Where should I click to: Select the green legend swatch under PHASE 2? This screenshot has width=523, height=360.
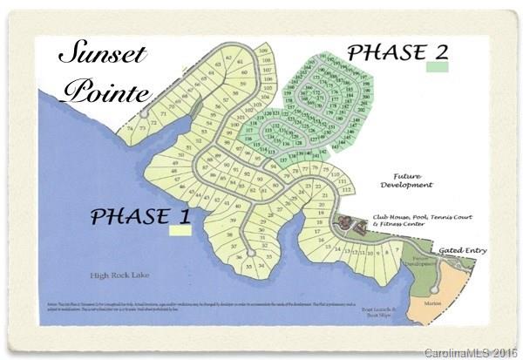[438, 66]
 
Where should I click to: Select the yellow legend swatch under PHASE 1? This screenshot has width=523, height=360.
[180, 231]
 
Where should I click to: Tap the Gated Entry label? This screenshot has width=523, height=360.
[463, 250]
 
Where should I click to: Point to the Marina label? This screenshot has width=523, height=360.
[434, 303]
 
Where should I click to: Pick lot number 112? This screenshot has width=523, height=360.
[345, 189]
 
